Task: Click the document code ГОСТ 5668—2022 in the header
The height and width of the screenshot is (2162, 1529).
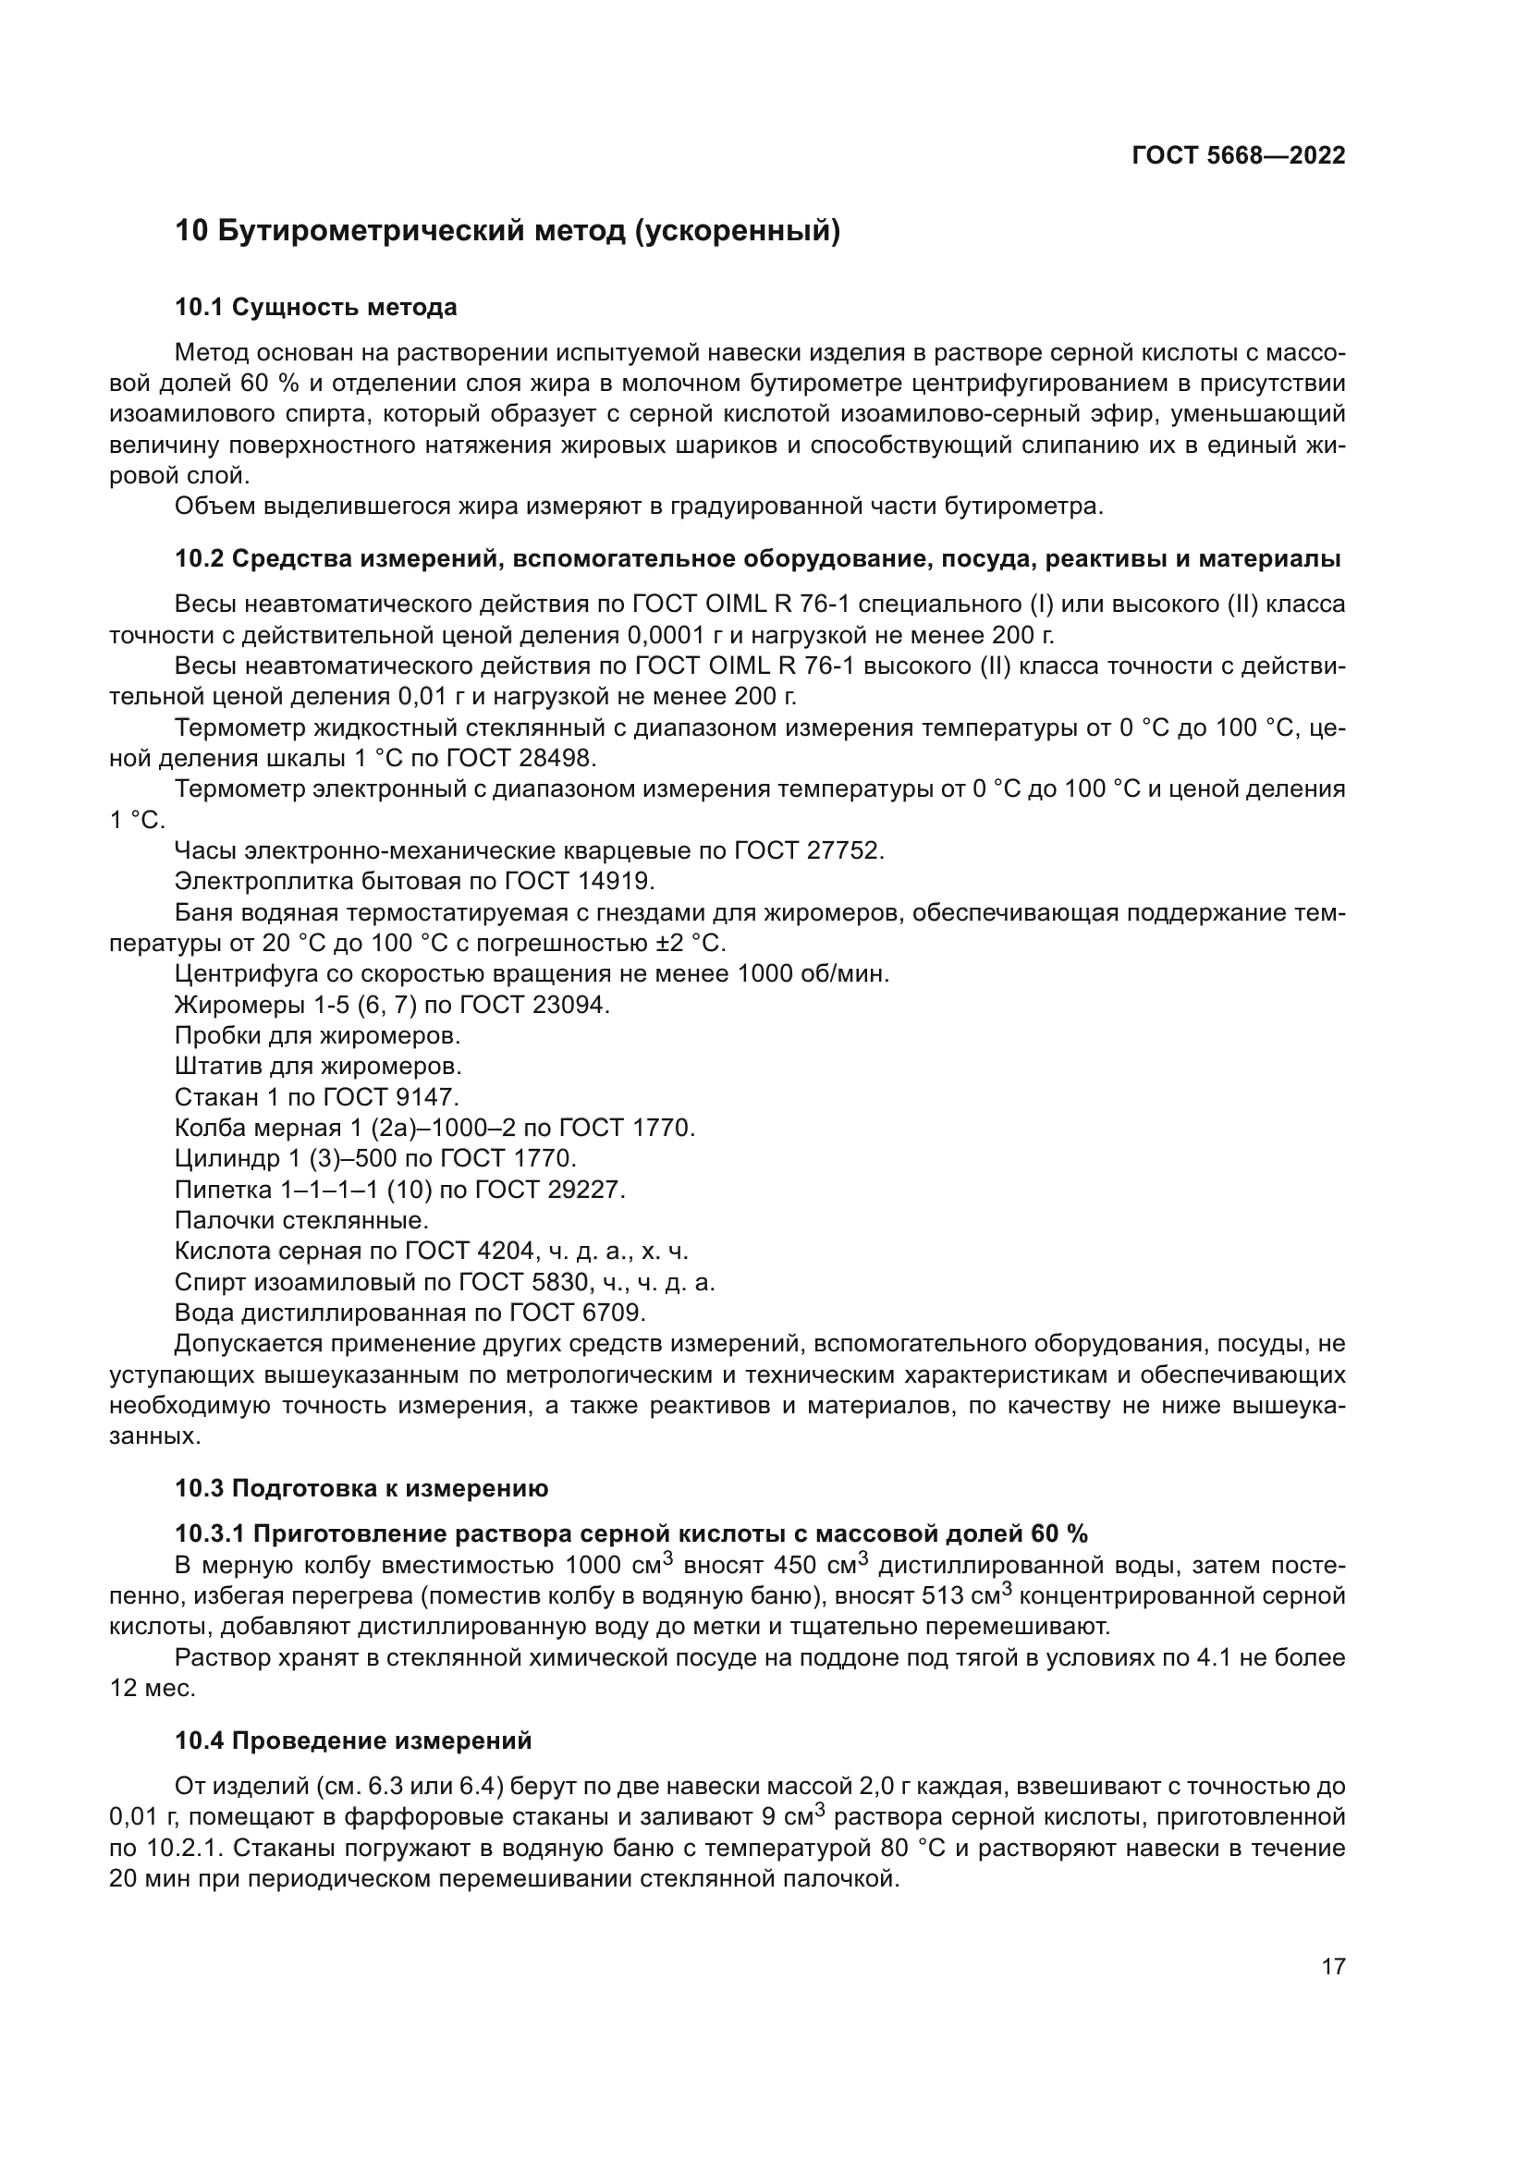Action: click(x=1238, y=156)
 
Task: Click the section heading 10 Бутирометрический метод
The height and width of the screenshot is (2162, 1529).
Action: click(x=508, y=231)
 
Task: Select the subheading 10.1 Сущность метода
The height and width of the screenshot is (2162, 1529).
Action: click(x=315, y=308)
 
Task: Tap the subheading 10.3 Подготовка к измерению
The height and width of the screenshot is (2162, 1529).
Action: click(x=361, y=1489)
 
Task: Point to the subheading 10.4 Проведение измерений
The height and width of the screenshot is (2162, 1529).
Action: click(x=353, y=1741)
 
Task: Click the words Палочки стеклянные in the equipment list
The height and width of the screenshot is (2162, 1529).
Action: click(x=301, y=1221)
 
